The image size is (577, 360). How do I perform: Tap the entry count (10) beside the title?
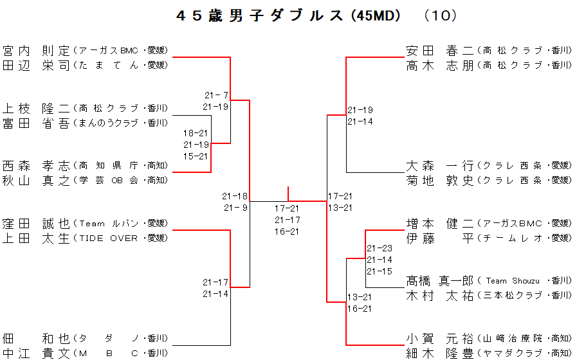[440, 16]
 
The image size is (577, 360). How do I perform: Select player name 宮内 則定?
[36, 50]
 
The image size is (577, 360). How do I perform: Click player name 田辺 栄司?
[36, 65]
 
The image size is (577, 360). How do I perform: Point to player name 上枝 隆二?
[36, 108]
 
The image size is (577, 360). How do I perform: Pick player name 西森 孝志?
[36, 166]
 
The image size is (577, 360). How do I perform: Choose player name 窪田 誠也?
[36, 224]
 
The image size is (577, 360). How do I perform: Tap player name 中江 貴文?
[36, 352]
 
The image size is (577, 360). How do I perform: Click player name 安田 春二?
[440, 50]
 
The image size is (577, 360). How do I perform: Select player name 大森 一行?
[440, 166]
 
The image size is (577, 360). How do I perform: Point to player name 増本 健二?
[440, 224]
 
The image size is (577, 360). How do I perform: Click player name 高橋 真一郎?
[440, 281]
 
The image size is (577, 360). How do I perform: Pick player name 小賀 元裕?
[440, 338]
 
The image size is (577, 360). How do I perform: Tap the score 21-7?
[216, 95]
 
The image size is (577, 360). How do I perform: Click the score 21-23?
[380, 248]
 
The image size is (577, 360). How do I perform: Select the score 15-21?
[196, 156]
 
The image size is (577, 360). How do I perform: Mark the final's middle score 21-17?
[287, 220]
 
